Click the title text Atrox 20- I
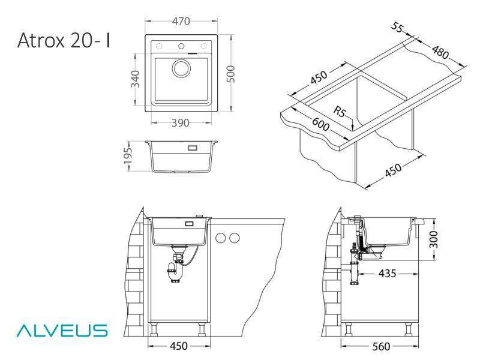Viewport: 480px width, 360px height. pyautogui.click(x=64, y=40)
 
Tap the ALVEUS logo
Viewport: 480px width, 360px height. pyautogui.click(x=62, y=331)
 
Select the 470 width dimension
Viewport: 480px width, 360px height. pyautogui.click(x=181, y=21)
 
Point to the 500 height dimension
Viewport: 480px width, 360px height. pyautogui.click(x=230, y=74)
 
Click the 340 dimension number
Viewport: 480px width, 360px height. pyautogui.click(x=135, y=79)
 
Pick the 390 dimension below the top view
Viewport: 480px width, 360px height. pyautogui.click(x=181, y=123)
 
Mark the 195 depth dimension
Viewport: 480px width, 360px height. pyautogui.click(x=128, y=155)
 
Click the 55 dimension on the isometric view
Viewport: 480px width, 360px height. pyautogui.click(x=397, y=27)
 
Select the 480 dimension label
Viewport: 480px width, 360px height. pyautogui.click(x=440, y=52)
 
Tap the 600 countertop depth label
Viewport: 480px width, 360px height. pyautogui.click(x=320, y=124)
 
